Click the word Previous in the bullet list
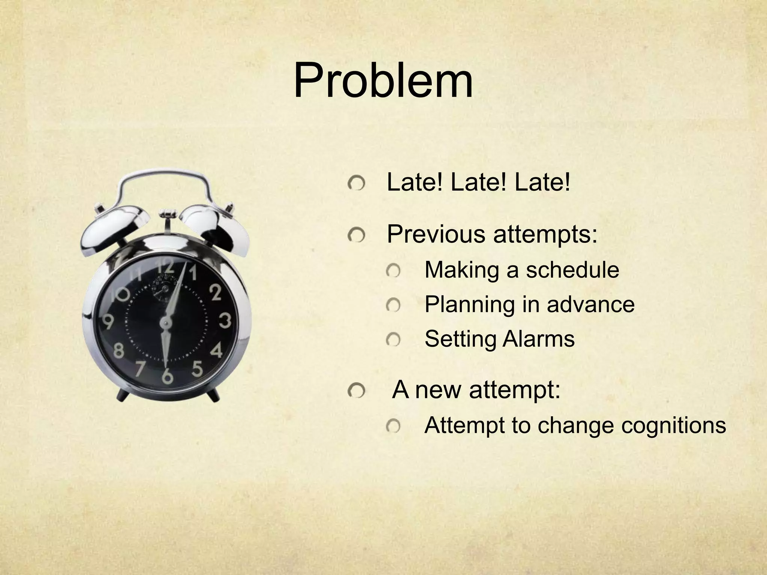[x=435, y=234]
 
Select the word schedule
[x=573, y=270]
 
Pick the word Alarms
[x=538, y=339]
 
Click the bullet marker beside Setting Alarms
[x=393, y=340]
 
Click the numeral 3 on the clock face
[x=225, y=321]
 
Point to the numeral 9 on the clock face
[x=108, y=321]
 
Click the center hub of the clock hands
[x=165, y=321]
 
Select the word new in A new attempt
[x=438, y=390]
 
